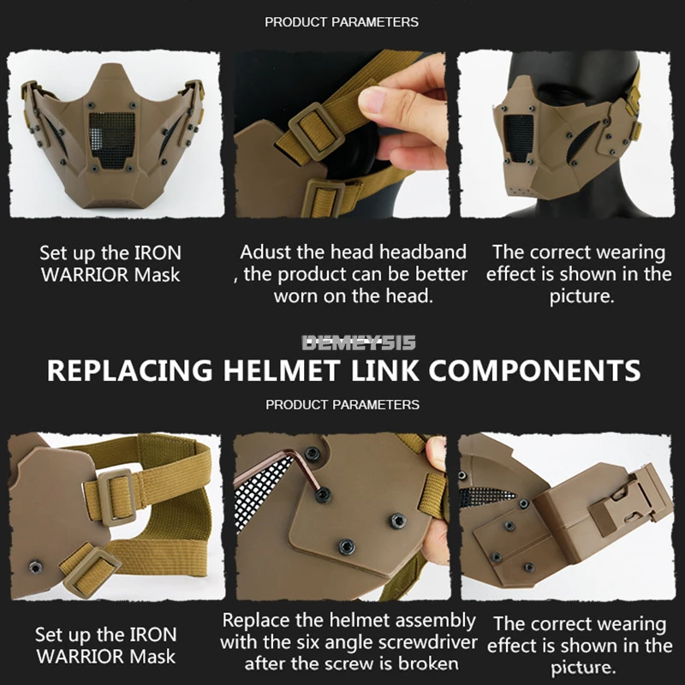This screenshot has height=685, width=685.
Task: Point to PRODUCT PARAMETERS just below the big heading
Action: (342, 404)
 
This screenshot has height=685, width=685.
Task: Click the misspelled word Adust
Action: (266, 253)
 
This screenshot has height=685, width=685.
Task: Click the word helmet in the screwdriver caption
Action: (354, 619)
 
